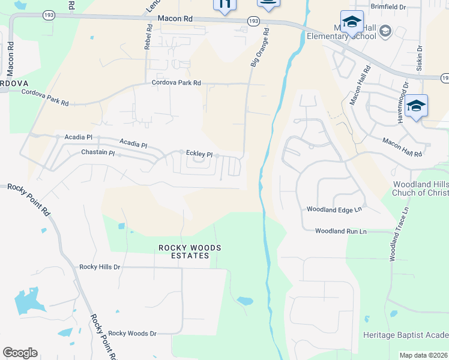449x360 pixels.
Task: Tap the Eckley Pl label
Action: click(x=199, y=154)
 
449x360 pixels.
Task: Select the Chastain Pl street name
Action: click(x=98, y=153)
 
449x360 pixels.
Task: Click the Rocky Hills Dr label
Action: click(x=100, y=266)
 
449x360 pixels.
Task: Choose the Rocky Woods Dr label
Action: click(x=132, y=333)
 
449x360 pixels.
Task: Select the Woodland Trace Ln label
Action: click(x=399, y=234)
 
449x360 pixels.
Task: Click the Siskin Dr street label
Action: click(x=420, y=58)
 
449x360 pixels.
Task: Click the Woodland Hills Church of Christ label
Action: click(x=420, y=188)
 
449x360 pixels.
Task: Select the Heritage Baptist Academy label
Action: click(x=406, y=334)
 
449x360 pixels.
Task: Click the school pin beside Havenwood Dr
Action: click(x=416, y=107)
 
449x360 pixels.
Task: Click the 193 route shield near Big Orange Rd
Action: click(x=253, y=21)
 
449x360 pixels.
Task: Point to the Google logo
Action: click(x=20, y=353)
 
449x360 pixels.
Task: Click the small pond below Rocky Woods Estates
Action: click(x=245, y=301)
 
